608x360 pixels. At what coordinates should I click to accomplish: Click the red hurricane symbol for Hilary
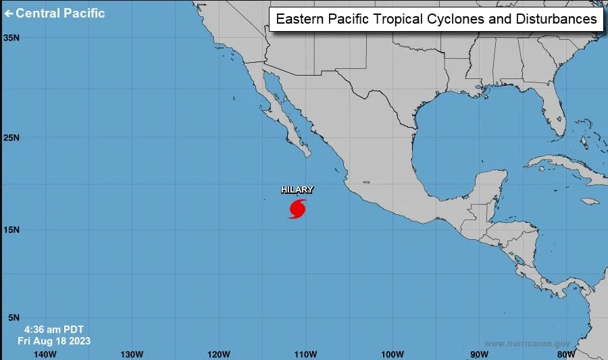297,208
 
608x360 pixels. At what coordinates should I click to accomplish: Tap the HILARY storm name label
297,190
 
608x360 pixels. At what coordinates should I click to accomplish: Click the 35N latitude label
11,38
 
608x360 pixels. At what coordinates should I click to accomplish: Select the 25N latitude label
11,138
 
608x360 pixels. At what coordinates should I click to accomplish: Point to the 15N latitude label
11,230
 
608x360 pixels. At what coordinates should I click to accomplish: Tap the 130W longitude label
131,354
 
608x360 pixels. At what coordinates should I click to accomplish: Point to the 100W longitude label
392,354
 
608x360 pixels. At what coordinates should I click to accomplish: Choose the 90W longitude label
479,354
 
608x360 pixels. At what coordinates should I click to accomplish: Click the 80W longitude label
565,354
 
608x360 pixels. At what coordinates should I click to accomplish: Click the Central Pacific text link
61,13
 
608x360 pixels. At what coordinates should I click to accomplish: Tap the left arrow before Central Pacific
9,13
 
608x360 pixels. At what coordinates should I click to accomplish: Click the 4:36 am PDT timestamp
54,329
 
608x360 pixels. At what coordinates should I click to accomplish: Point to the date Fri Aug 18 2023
54,341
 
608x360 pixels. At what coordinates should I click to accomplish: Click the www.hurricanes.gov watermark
527,344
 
